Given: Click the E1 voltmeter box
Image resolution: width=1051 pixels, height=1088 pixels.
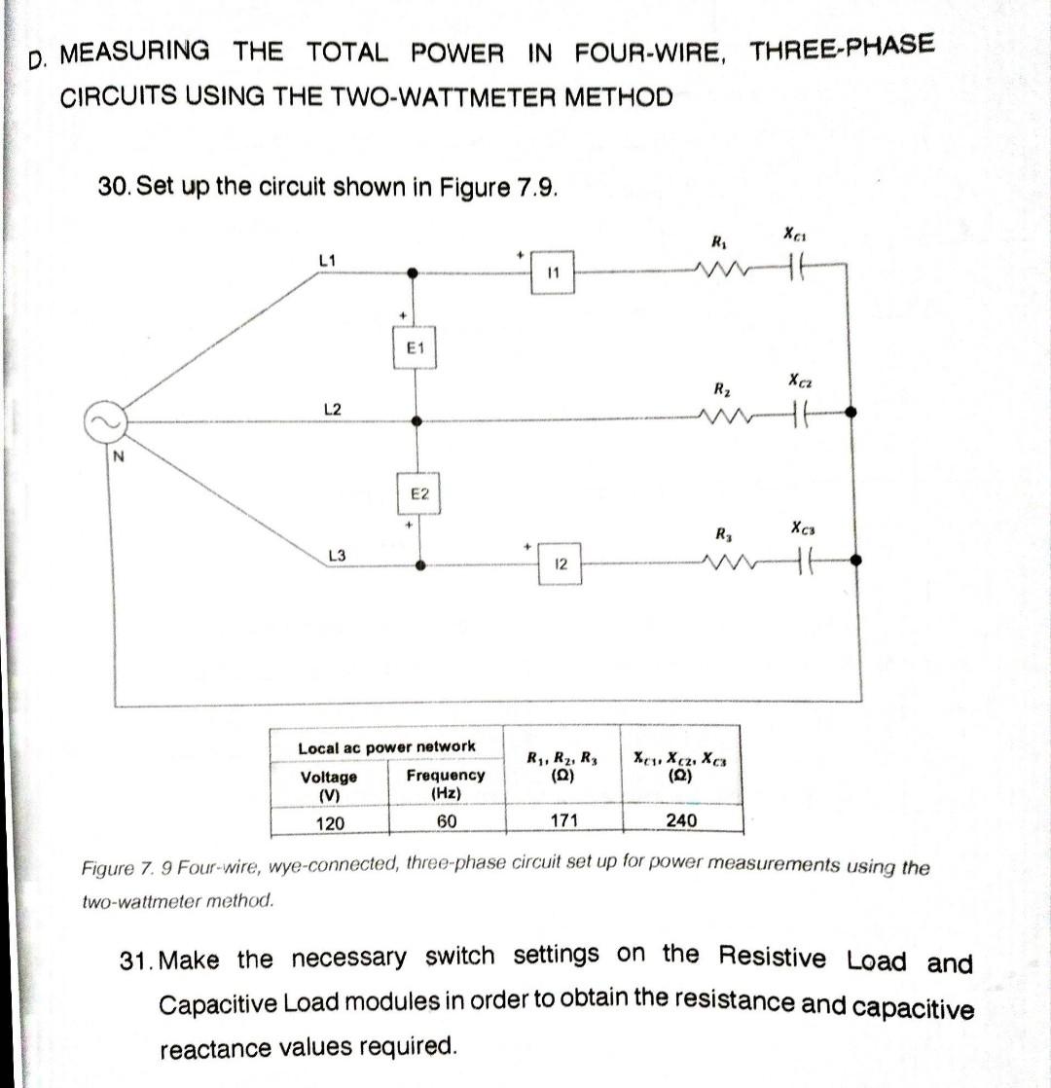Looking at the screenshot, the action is click(x=416, y=347).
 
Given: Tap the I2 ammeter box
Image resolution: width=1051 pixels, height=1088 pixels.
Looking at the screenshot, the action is click(x=561, y=564).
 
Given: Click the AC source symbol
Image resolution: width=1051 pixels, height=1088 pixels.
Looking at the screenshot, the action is click(x=108, y=421).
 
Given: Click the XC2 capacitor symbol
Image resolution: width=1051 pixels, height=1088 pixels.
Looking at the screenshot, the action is click(x=801, y=414).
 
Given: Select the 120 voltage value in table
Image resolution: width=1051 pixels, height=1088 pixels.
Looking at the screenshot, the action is click(x=330, y=823).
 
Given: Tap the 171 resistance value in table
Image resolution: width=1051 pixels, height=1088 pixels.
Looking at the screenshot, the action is click(x=563, y=820).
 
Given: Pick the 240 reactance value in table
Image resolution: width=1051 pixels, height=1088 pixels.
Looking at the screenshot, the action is click(x=681, y=820).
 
